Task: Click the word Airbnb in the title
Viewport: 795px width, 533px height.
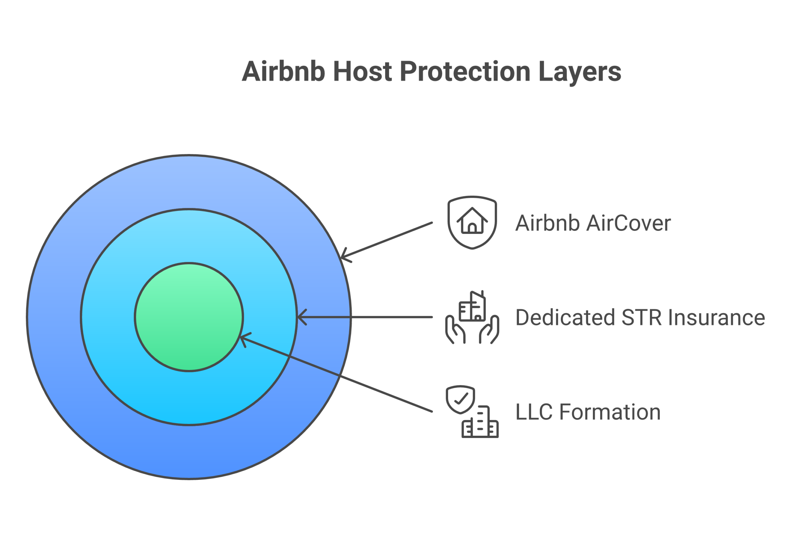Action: tap(283, 71)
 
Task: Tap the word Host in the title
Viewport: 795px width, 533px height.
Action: tap(362, 71)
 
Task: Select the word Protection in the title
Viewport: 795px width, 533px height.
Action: tap(465, 71)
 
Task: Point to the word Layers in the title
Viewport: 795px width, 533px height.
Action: tap(579, 72)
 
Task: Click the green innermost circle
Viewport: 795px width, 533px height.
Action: tap(189, 317)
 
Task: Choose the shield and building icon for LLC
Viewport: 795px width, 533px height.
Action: tap(472, 411)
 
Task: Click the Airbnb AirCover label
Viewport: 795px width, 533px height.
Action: tap(593, 223)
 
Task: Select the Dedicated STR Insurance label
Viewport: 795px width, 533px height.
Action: tap(640, 317)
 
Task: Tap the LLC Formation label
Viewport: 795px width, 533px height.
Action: tap(588, 412)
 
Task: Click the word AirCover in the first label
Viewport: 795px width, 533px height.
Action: tap(629, 223)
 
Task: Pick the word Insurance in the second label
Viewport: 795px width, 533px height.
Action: tap(716, 317)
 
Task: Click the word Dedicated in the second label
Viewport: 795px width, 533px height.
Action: tap(565, 317)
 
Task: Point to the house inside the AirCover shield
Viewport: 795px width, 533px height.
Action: tap(472, 221)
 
